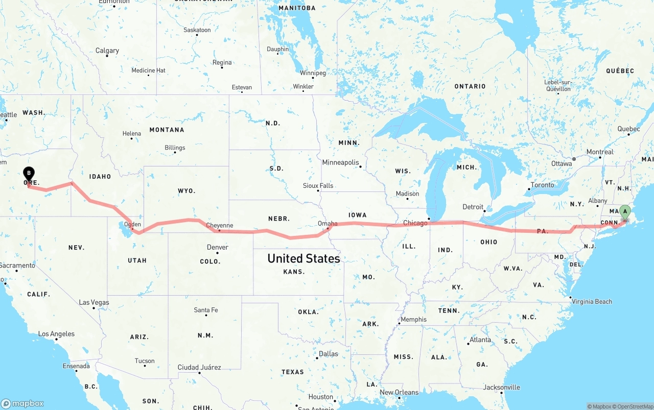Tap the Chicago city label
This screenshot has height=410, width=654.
[x=415, y=223]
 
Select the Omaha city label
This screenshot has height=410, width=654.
[x=327, y=224]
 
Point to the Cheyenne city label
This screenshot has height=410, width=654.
[x=219, y=226]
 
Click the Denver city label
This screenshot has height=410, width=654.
[x=218, y=247]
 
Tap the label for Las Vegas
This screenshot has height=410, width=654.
[x=94, y=302]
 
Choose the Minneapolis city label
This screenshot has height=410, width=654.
[x=340, y=162]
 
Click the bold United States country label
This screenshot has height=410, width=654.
[x=303, y=259]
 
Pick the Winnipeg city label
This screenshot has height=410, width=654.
[x=313, y=73]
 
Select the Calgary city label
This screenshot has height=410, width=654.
[x=107, y=51]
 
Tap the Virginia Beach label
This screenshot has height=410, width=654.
[x=592, y=301]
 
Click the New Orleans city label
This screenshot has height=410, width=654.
[x=399, y=392]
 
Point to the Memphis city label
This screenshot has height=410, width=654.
[x=413, y=320]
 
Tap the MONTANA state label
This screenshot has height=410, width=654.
[x=167, y=130]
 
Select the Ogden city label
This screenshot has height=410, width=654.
[x=132, y=224]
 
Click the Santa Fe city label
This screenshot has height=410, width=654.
[x=205, y=310]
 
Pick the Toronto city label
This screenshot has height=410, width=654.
[x=542, y=185]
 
